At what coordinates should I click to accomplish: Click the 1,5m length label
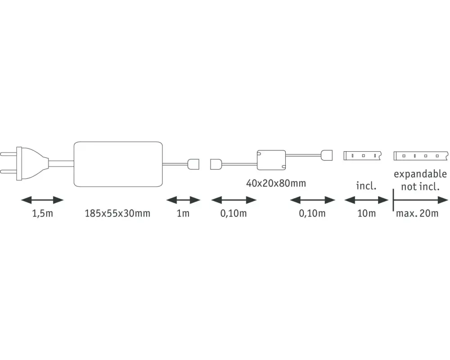tap(42, 213)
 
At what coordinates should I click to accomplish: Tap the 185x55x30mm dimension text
tap(117, 213)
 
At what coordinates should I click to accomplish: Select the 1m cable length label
tap(183, 213)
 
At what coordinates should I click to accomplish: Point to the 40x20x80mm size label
tap(276, 183)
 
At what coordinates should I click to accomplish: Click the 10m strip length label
tap(366, 213)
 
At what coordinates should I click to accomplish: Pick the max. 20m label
tap(417, 213)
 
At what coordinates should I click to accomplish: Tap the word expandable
tap(420, 174)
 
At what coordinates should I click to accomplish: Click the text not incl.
tap(420, 187)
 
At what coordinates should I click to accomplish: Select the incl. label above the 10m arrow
tap(366, 186)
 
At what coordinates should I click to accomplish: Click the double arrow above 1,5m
tap(42, 200)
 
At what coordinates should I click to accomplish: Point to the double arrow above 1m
tap(183, 200)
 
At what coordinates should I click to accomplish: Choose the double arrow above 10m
tap(366, 200)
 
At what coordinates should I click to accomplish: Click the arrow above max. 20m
tap(420, 200)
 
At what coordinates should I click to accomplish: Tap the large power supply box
tap(118, 164)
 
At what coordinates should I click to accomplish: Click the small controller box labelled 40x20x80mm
tap(271, 160)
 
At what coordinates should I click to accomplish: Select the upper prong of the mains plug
tap(8, 154)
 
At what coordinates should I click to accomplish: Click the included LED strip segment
tap(362, 156)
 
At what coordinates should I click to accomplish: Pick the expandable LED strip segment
tap(421, 156)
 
